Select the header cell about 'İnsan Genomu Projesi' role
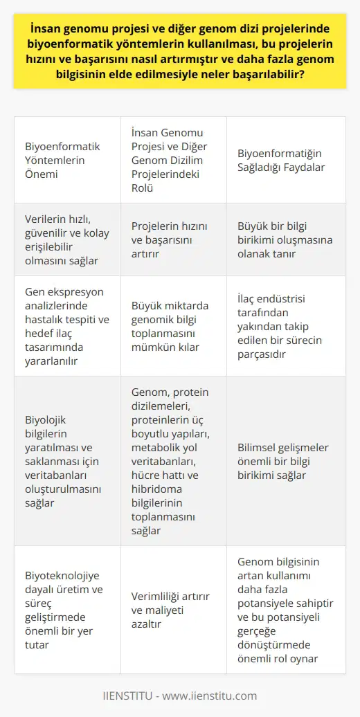coord(173,160)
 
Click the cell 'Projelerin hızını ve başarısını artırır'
coord(173,239)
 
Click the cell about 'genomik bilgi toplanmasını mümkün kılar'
coord(173,325)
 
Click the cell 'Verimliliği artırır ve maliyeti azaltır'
coord(173,608)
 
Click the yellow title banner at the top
coord(180,53)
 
